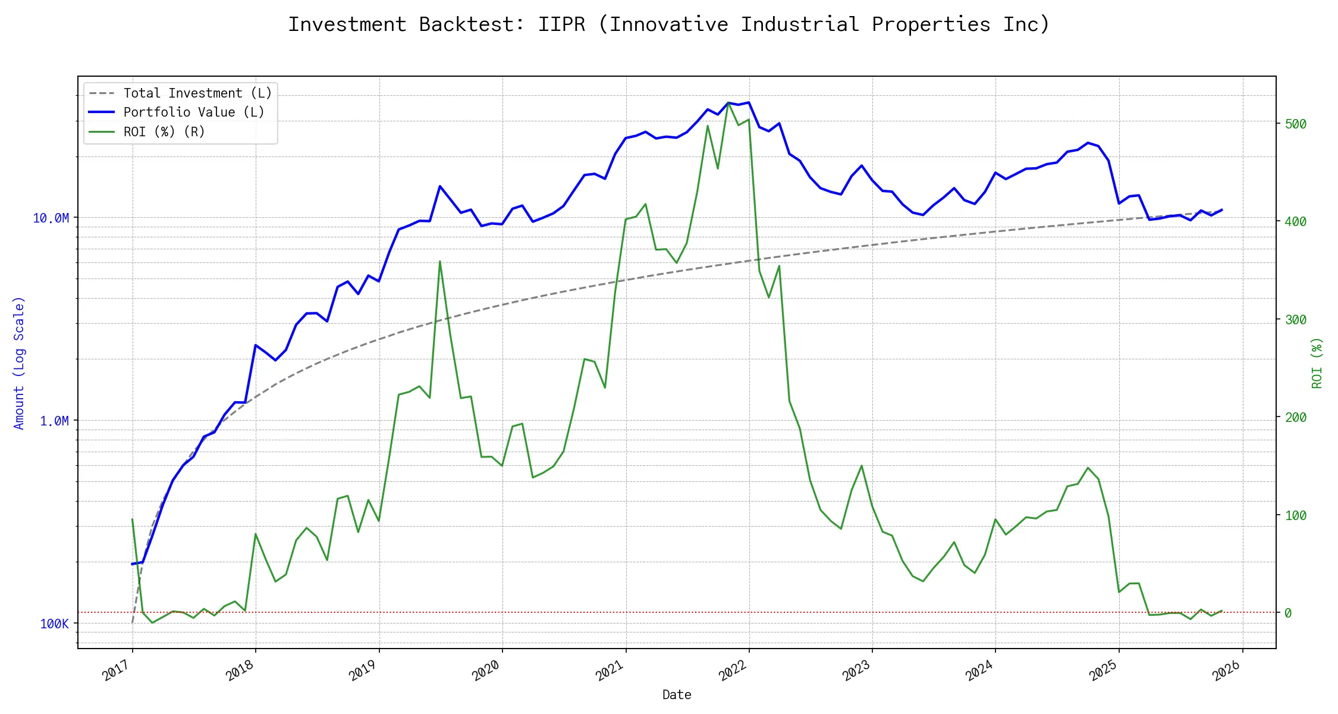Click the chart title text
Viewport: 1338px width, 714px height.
pyautogui.click(x=668, y=24)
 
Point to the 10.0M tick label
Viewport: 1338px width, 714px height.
pyautogui.click(x=51, y=218)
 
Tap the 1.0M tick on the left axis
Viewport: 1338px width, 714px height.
pyautogui.click(x=54, y=421)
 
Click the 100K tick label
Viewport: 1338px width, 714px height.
pyautogui.click(x=54, y=624)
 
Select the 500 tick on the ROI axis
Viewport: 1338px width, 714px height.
pyautogui.click(x=1296, y=124)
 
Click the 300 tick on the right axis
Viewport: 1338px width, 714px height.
pyautogui.click(x=1296, y=320)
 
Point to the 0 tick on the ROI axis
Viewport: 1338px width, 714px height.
pyautogui.click(x=1288, y=613)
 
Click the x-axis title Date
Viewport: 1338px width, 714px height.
pyautogui.click(x=677, y=695)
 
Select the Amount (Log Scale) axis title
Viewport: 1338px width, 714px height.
pyautogui.click(x=20, y=363)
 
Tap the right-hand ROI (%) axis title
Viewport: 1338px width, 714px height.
pyautogui.click(x=1317, y=363)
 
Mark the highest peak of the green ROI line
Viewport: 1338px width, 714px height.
pyautogui.click(x=728, y=104)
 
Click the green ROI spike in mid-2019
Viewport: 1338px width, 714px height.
pyautogui.click(x=440, y=261)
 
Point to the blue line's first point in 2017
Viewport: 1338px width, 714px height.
pyautogui.click(x=132, y=564)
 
